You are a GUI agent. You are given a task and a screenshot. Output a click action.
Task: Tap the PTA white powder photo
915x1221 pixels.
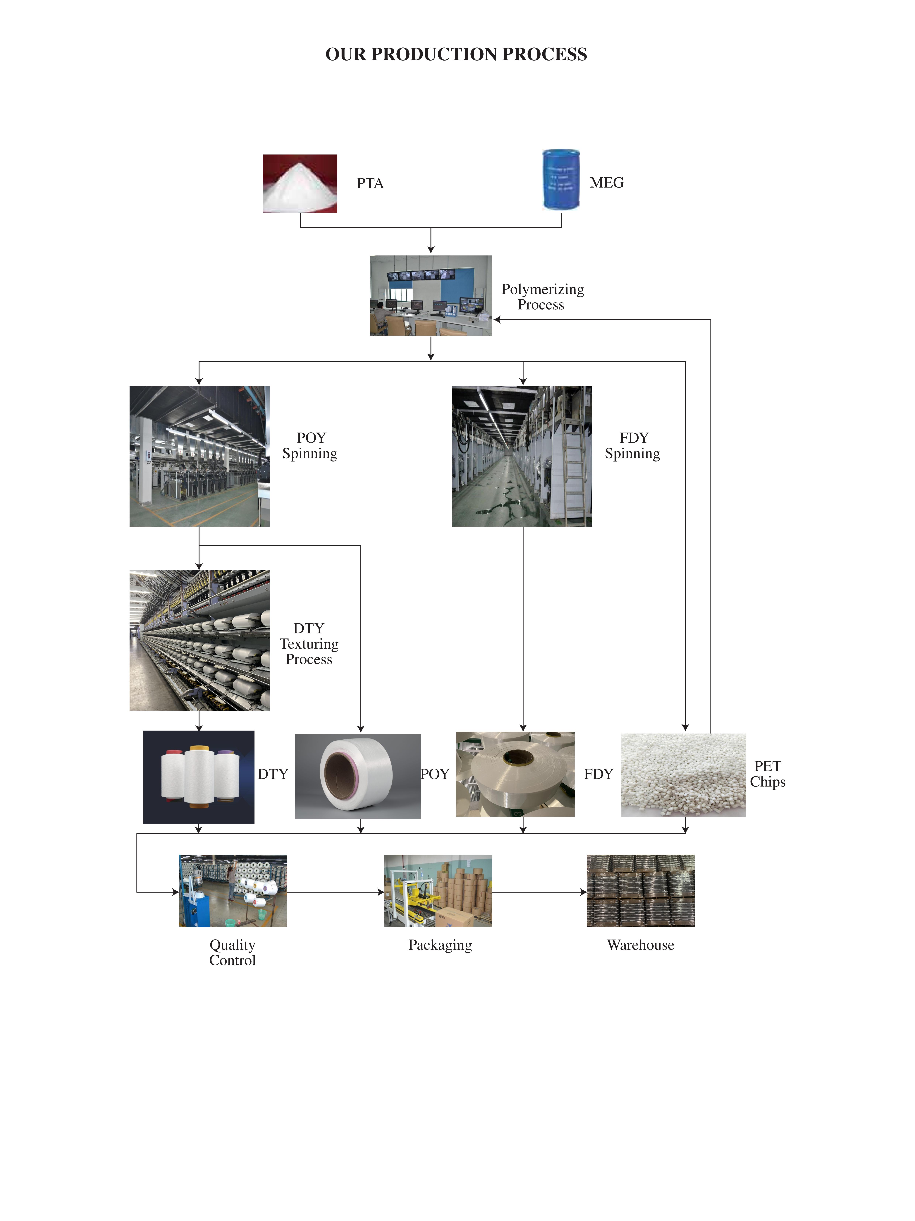[300, 183]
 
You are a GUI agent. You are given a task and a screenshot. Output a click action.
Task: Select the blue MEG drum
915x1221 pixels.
[561, 179]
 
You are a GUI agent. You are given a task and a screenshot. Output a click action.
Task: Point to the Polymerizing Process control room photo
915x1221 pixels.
[430, 295]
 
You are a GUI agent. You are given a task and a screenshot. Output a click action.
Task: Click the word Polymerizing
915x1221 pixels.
[542, 289]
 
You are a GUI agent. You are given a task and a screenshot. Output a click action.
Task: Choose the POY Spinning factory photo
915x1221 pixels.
[199, 456]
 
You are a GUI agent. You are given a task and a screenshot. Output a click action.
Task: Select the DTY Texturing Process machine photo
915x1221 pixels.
[199, 640]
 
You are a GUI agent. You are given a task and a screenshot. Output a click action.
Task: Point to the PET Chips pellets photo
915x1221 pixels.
[683, 774]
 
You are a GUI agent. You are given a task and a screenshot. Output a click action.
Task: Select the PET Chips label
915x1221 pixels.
[767, 774]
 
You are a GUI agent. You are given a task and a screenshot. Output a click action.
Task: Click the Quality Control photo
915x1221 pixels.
[232, 890]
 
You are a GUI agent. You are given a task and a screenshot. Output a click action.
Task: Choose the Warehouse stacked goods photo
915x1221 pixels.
[640, 890]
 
